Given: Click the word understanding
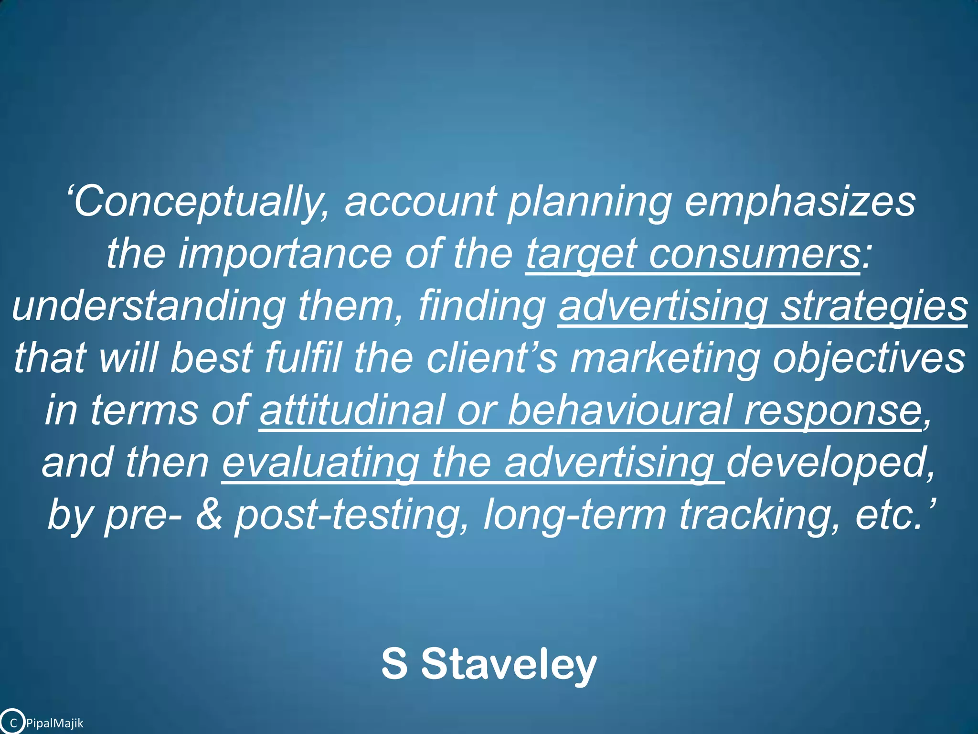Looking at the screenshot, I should pos(149,306).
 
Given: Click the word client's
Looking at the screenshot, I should pos(491,358).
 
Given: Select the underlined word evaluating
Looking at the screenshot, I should pos(320,464).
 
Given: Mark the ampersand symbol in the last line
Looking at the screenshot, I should pos(209,515).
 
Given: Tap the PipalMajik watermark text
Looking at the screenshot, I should pos(54,723).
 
